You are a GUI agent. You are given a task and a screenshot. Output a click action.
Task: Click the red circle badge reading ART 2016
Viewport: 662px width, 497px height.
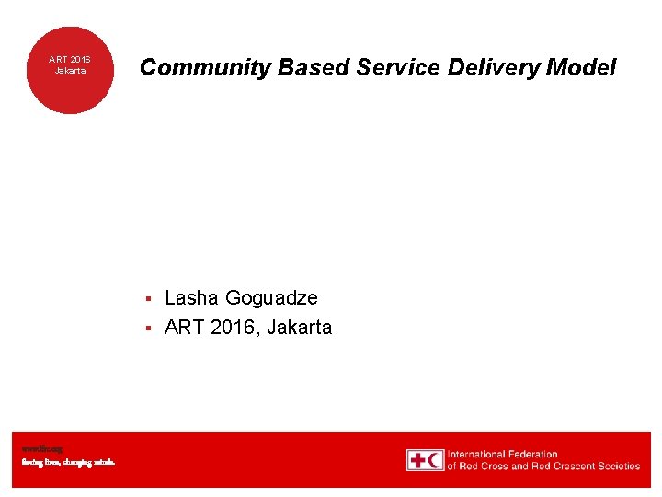[69, 70]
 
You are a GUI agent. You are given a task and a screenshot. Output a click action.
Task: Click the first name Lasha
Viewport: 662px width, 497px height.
[191, 298]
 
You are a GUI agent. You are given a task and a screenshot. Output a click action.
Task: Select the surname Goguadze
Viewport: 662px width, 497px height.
[271, 298]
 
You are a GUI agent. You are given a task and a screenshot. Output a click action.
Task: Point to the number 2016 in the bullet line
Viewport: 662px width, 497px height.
[234, 328]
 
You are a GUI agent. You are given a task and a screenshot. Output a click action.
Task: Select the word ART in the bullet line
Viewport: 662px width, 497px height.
[184, 328]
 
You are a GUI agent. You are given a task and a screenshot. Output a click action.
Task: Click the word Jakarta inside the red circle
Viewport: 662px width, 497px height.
[70, 71]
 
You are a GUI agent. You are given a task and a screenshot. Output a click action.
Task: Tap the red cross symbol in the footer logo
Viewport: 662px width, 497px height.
[418, 460]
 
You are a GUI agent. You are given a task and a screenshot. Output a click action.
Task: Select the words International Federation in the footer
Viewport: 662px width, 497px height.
[502, 454]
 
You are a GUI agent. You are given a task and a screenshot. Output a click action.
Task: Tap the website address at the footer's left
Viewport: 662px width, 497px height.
[42, 448]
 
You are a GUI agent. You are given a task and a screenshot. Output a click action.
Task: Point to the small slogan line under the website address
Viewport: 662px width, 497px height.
[69, 462]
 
